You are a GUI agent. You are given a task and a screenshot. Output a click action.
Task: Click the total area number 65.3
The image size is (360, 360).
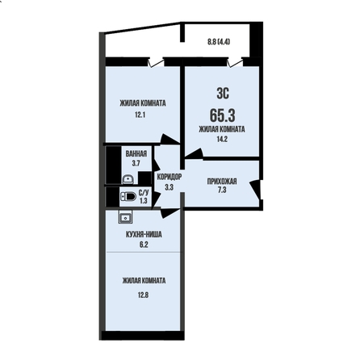click(x=223, y=115)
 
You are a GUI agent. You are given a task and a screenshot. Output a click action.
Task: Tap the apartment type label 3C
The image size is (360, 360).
click(x=223, y=94)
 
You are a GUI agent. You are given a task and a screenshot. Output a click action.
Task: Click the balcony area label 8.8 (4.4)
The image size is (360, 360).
click(x=219, y=42)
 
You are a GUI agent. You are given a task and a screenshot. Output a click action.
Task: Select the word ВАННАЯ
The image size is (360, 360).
click(x=136, y=153)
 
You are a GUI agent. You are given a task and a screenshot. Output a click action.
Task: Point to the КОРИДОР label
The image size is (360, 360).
click(x=170, y=177)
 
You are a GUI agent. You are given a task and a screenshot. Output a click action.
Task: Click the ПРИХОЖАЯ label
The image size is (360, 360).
click(x=222, y=182)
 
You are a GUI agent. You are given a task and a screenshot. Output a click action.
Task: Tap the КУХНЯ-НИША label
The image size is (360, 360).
click(x=144, y=234)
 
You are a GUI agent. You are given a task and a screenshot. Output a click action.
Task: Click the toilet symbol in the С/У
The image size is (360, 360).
click(x=128, y=196)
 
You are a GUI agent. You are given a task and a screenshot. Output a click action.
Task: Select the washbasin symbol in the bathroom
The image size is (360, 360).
click(x=128, y=179)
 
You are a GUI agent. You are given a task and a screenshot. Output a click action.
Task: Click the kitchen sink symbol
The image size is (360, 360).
click(x=125, y=217)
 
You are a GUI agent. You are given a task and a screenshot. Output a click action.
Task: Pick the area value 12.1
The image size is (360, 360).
click(x=140, y=115)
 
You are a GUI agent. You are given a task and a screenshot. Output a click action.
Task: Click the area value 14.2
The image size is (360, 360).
click(x=222, y=139)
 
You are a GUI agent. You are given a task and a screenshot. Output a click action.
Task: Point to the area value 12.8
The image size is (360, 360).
click(x=143, y=295)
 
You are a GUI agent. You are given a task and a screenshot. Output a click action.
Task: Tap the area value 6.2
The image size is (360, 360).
click(x=144, y=245)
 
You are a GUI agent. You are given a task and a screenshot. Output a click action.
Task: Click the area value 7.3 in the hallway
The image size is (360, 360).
click(x=222, y=190)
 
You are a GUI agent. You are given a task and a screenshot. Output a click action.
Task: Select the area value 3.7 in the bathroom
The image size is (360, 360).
click(x=136, y=163)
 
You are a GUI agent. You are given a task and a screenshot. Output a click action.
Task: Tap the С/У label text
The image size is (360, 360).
click(x=144, y=193)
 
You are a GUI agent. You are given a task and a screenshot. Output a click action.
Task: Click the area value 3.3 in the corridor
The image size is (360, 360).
click(x=169, y=187)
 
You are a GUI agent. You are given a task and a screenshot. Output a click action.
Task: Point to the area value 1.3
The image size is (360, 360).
click(x=144, y=200)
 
